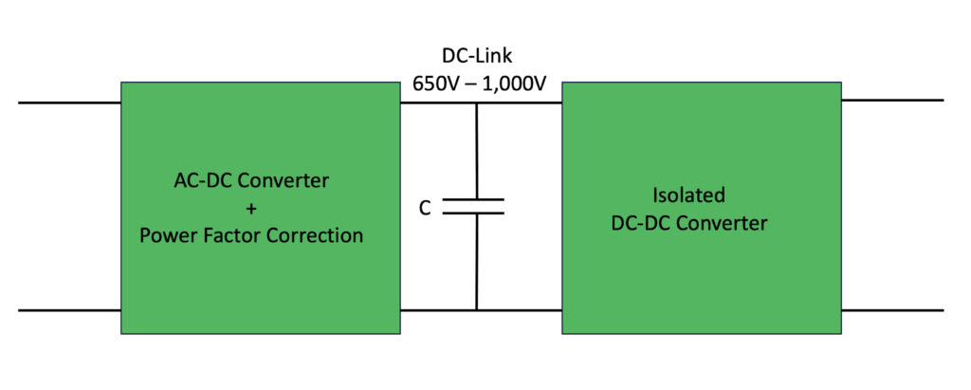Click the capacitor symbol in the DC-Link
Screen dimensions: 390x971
pos(475,206)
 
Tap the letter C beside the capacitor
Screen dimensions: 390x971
pos(426,207)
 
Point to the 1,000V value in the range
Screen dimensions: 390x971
pos(515,83)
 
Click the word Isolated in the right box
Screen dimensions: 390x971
pos(688,195)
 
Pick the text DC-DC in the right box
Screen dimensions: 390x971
pos(658,224)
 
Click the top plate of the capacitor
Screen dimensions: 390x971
pos(475,199)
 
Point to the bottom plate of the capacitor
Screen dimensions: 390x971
pos(475,214)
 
